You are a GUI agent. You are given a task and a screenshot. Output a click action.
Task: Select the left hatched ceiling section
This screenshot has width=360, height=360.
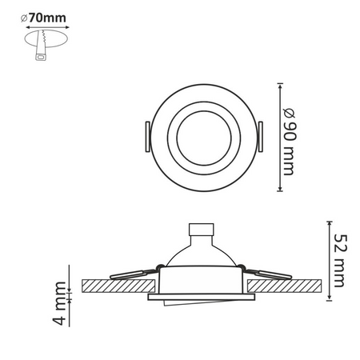(x=116, y=286)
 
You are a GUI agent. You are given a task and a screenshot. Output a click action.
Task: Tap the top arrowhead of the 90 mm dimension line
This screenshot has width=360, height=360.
(x=280, y=83)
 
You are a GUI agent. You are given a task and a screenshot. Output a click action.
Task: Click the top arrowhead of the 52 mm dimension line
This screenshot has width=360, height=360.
(x=330, y=221)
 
